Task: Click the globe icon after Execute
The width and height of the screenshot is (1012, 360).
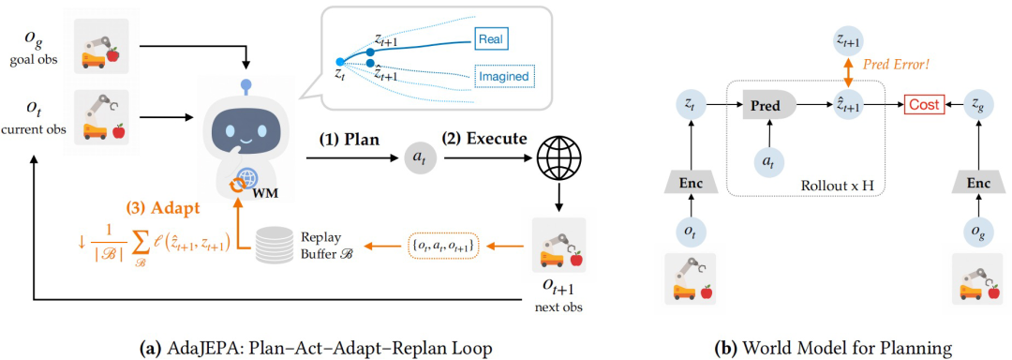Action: click(558, 157)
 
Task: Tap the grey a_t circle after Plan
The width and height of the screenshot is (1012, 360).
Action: click(419, 157)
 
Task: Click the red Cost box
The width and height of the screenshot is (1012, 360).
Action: click(924, 104)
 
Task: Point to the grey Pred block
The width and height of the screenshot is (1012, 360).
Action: click(770, 104)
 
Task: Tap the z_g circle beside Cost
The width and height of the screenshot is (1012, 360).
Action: click(975, 104)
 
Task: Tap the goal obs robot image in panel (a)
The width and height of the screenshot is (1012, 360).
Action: click(101, 46)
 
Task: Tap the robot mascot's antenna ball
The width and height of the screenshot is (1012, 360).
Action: click(245, 83)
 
